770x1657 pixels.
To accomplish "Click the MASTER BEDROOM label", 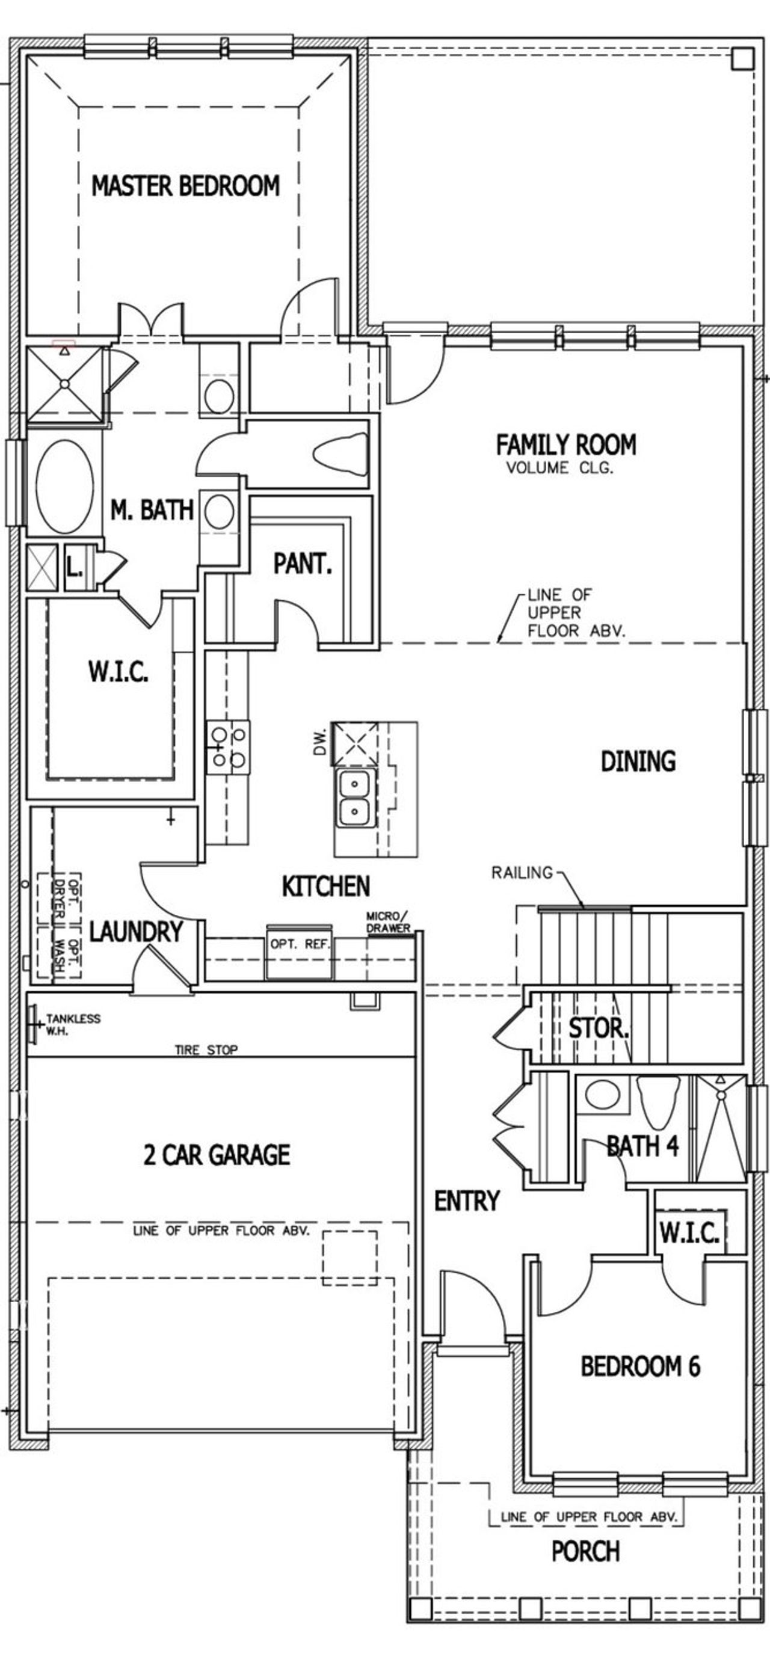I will point(185,186).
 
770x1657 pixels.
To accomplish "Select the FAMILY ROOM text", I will point(565,444).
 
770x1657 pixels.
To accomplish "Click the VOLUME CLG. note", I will point(559,468).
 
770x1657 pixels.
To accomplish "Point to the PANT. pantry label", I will point(303,564).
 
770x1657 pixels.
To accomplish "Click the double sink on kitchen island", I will point(353,798).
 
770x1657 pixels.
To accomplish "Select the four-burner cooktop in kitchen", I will point(229,747).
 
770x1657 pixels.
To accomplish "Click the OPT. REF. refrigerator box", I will point(300,953).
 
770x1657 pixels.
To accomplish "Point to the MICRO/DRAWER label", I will point(388,922).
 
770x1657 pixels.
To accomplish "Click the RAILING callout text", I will point(522,873).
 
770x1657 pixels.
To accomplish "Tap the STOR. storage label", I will point(598,1028).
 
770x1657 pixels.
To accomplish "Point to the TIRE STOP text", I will point(206,1050).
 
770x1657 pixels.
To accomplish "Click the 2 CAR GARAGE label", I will point(216,1155).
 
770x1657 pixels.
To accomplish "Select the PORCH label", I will point(585,1551).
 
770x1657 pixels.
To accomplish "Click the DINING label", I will point(638,761).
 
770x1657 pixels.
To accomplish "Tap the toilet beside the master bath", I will point(341,453).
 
